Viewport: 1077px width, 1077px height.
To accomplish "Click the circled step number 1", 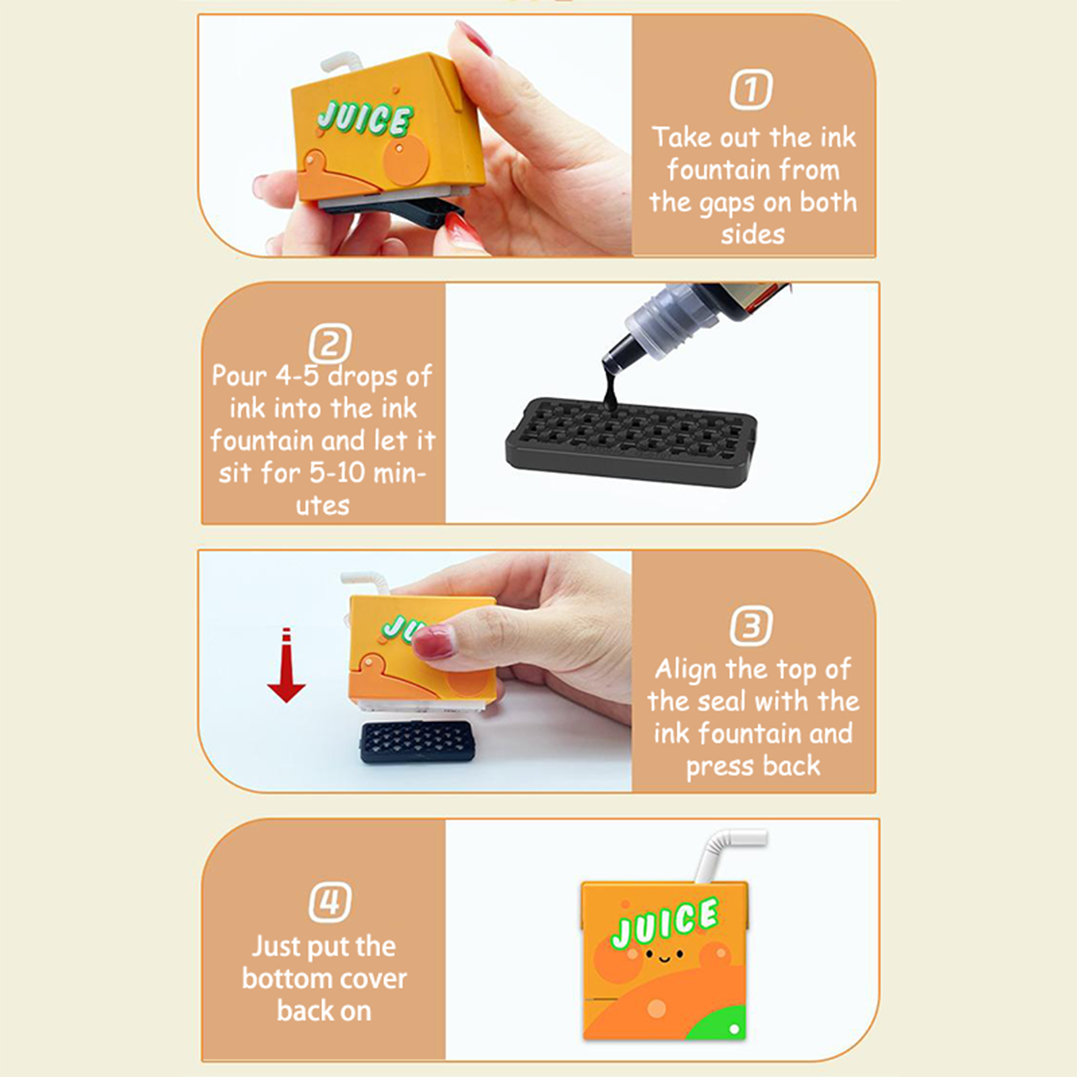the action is pos(751,90).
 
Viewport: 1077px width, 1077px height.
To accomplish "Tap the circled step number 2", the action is pos(330,343).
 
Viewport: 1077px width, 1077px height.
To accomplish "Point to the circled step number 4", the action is pos(330,902).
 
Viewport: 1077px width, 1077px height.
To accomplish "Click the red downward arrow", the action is pos(286,665).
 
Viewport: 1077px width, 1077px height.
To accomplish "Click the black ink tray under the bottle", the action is pos(631,442).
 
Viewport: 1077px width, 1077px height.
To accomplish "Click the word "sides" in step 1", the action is pos(753,234).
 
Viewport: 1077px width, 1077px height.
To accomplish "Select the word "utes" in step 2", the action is pos(323,506).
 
